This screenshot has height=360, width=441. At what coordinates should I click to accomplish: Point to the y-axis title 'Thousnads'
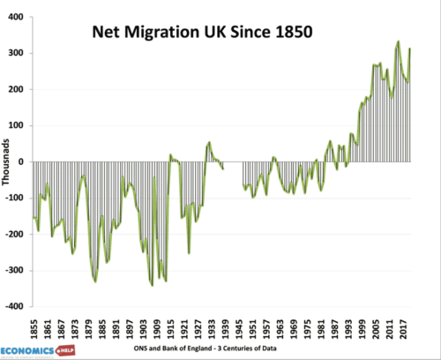(8, 161)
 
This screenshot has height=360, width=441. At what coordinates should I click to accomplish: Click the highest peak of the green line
(398, 41)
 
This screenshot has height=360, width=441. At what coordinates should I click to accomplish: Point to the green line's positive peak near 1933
(209, 142)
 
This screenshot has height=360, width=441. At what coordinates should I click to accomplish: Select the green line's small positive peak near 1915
(171, 155)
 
